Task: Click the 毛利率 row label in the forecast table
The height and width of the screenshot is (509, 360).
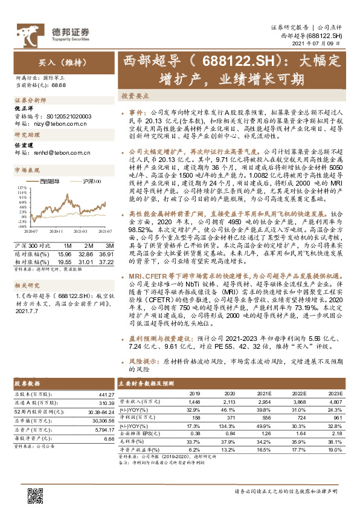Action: tap(127, 441)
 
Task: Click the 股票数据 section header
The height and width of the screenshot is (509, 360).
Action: tap(27, 384)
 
